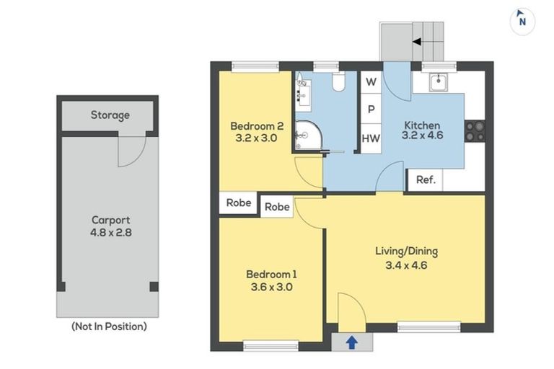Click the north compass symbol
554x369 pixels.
(x=522, y=21)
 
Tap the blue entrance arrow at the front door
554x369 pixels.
(x=351, y=343)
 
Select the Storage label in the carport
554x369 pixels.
(x=110, y=115)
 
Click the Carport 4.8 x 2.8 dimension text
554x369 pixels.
(x=110, y=227)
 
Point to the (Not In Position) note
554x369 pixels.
(x=109, y=326)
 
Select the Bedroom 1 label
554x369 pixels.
(x=271, y=280)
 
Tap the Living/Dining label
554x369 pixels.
(x=406, y=258)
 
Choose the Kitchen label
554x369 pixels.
(x=421, y=129)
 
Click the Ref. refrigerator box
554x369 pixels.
(x=426, y=180)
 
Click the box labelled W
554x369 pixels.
(x=371, y=82)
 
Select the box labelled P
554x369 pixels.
(x=371, y=110)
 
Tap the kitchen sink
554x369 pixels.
(x=438, y=83)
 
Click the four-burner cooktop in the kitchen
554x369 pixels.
(x=474, y=131)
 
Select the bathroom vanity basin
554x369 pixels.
(x=303, y=92)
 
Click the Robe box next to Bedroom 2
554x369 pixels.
(x=239, y=203)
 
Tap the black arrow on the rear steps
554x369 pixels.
(x=417, y=42)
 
